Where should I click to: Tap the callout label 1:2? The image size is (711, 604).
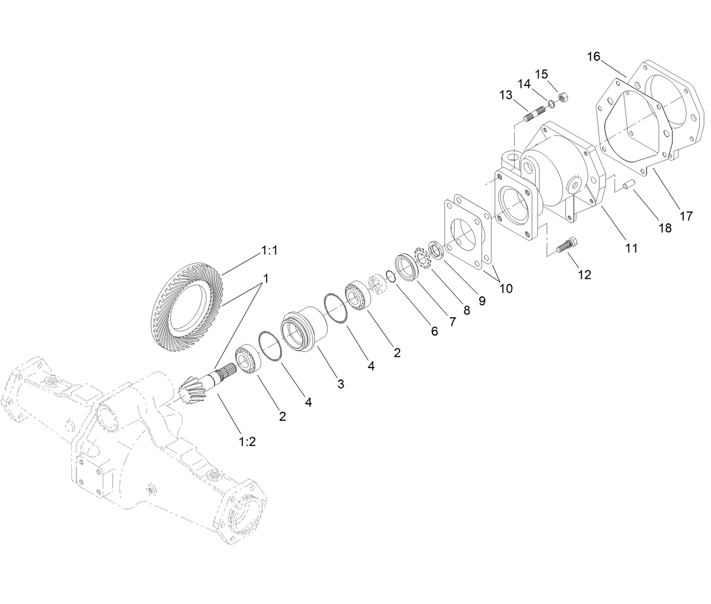247,441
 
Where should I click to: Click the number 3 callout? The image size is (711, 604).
340,384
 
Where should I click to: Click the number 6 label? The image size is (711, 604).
434,331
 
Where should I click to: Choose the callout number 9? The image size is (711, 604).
481,301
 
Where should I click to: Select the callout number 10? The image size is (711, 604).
506,288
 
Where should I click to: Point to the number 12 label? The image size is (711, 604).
584,275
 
